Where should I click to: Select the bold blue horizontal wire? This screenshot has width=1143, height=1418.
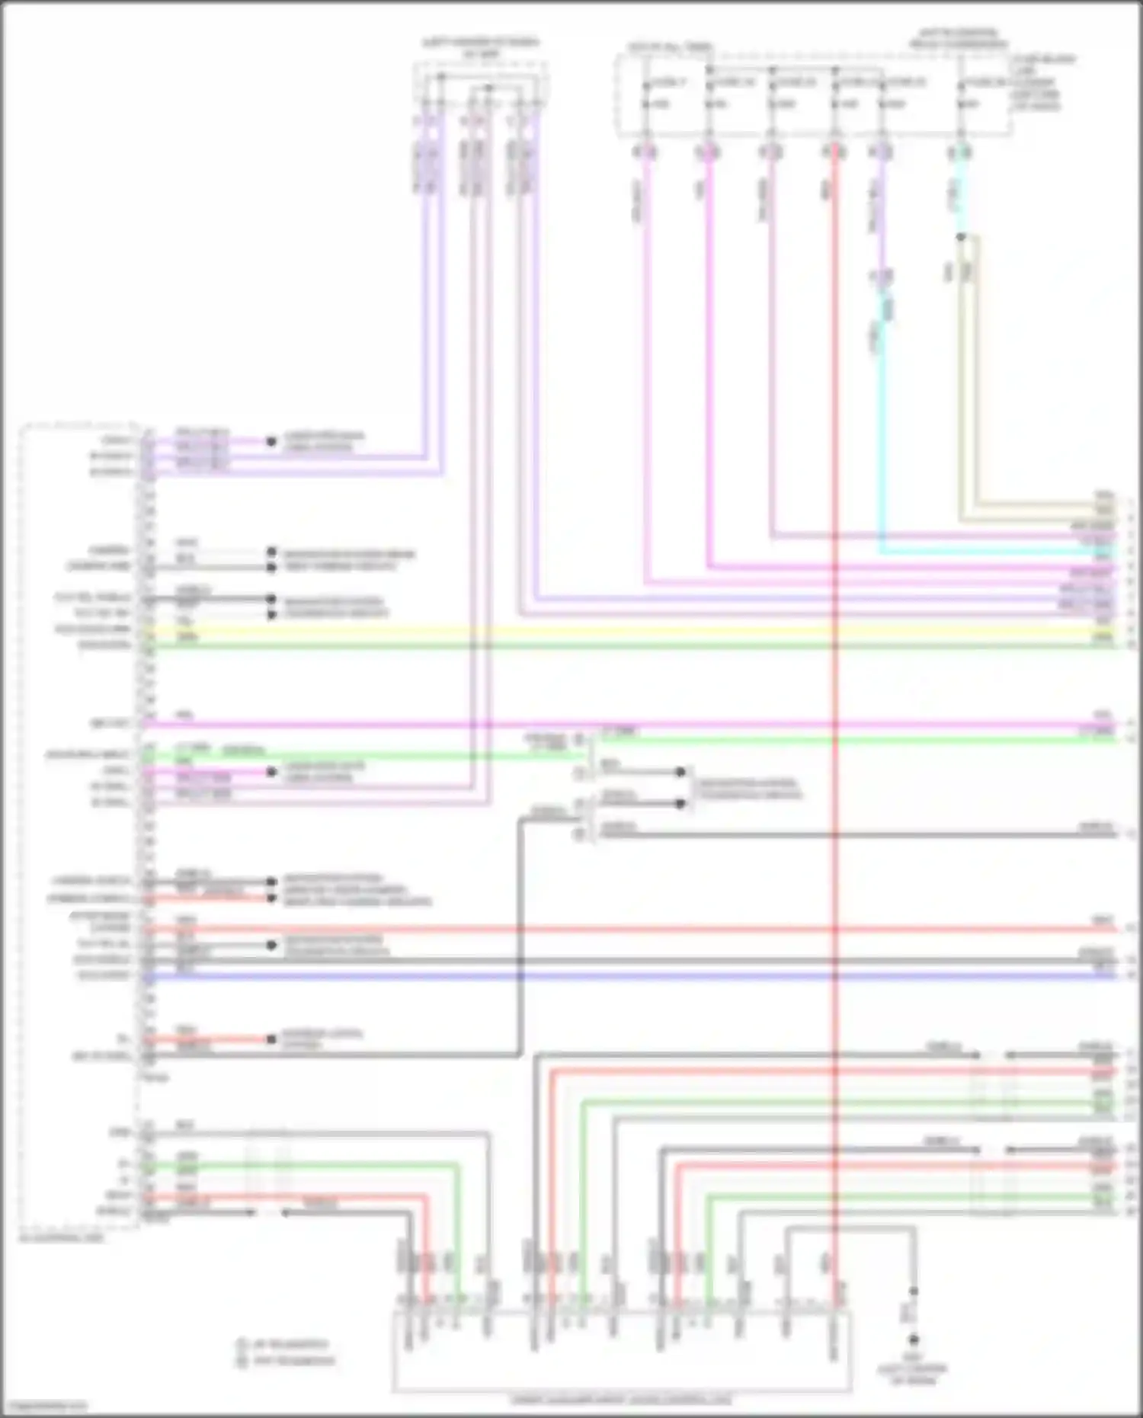coord(610,976)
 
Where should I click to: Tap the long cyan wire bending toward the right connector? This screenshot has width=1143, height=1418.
coord(882,457)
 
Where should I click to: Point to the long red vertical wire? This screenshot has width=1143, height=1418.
coord(835,686)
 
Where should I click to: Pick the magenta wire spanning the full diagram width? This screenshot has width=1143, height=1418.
coord(610,724)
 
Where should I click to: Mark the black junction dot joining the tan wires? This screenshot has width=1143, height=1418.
coord(961,237)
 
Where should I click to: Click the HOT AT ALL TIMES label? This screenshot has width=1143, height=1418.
coord(670,47)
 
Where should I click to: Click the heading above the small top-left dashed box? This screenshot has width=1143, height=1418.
coord(481,48)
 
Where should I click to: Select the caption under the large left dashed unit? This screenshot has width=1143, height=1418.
coord(61,1238)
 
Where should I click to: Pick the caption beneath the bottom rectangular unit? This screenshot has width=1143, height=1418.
coord(621,1400)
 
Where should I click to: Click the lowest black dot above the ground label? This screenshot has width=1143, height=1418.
coord(913,1339)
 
